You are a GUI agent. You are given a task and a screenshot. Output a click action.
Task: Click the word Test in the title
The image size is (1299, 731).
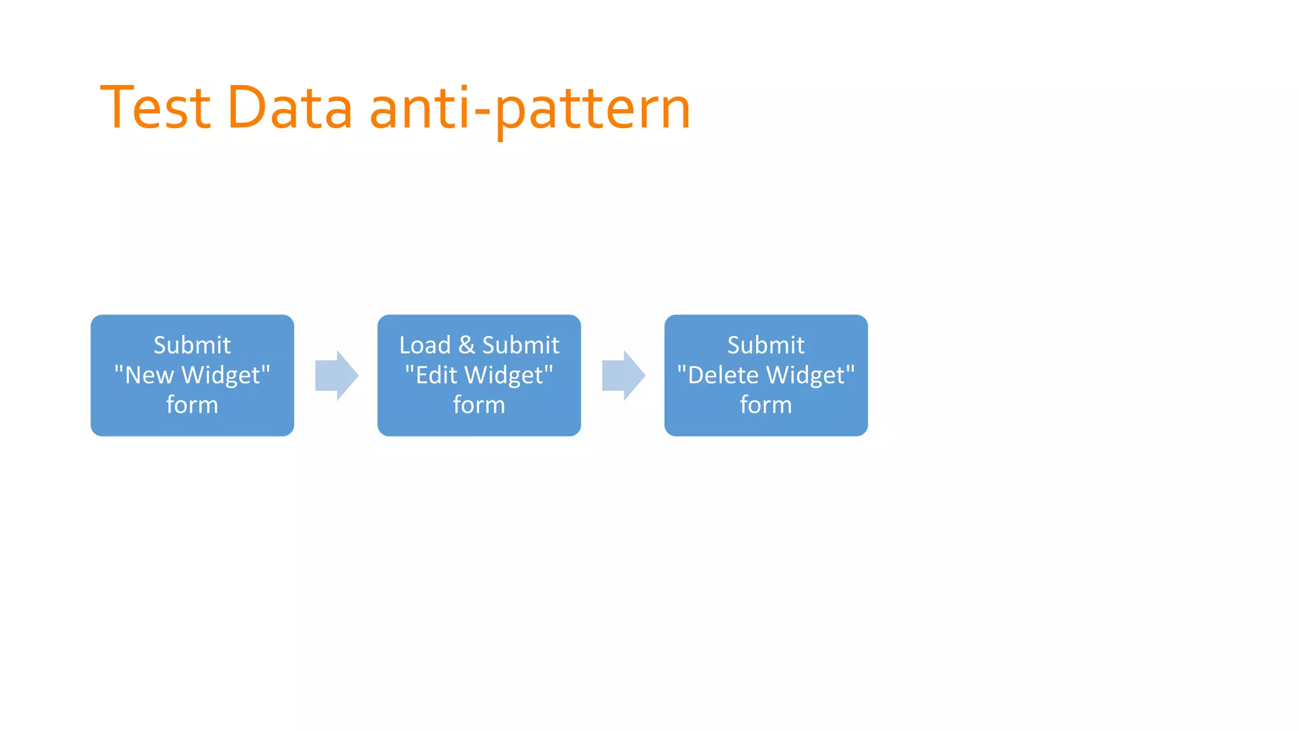(155, 108)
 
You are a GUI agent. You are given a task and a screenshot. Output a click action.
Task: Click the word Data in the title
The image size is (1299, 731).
(289, 108)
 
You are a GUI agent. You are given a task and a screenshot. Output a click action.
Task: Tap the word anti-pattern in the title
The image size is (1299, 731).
(530, 109)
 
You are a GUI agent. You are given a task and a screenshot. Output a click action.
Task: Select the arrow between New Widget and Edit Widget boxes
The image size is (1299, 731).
(336, 375)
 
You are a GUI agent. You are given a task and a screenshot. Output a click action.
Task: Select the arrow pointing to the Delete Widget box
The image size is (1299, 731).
(623, 375)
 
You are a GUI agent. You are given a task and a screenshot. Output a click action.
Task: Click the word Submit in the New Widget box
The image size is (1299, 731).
(192, 345)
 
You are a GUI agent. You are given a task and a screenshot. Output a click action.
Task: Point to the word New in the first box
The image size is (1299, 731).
(148, 375)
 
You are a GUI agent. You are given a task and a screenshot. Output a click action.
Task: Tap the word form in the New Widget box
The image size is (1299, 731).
(192, 405)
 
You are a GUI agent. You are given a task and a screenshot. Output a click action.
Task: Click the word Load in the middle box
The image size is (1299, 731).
(424, 345)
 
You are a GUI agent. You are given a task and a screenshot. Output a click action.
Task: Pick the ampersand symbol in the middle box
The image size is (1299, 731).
(466, 345)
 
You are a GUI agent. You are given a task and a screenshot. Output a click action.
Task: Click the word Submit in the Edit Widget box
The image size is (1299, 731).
(521, 345)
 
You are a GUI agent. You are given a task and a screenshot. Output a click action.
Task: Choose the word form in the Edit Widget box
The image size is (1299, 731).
(479, 405)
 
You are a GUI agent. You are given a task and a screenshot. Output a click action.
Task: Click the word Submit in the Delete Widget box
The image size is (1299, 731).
(766, 345)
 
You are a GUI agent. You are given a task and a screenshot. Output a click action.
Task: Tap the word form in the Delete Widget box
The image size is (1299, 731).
(766, 405)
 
